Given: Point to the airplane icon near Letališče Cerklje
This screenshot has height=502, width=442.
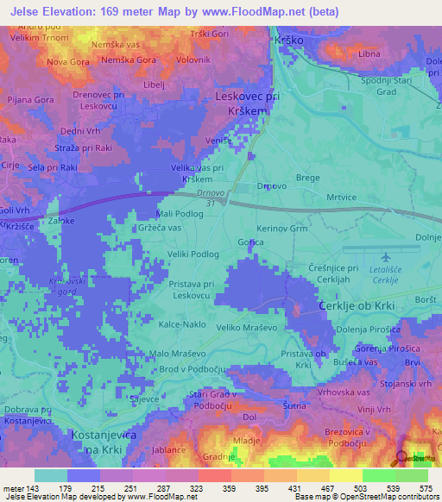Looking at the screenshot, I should (x=386, y=256).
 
